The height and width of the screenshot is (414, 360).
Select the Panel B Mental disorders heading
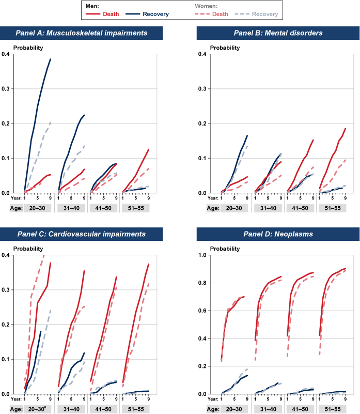coord(278,33)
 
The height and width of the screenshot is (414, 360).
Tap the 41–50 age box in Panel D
coord(300,408)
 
